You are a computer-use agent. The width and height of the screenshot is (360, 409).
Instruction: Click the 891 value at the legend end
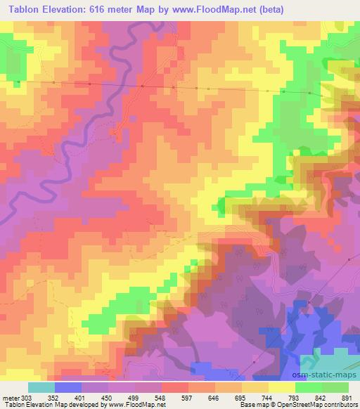345,397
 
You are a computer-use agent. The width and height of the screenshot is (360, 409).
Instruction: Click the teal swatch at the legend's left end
41,387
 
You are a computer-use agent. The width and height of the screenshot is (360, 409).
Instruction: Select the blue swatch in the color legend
68,387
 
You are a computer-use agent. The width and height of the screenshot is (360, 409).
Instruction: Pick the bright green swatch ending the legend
335,387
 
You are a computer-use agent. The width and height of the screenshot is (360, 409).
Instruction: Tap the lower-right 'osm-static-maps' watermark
329,358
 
